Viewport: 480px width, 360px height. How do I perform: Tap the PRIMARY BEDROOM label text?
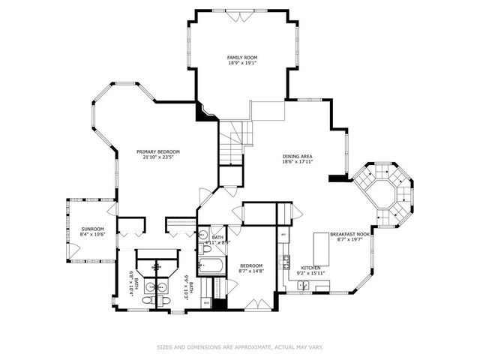click(x=157, y=151)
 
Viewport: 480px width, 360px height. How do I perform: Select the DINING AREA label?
click(x=297, y=156)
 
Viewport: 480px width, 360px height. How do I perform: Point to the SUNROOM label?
click(x=92, y=229)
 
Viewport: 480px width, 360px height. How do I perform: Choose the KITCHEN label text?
click(x=311, y=268)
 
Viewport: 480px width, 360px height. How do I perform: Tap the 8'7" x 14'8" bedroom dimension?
click(x=250, y=271)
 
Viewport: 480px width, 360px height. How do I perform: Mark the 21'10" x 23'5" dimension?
click(x=157, y=157)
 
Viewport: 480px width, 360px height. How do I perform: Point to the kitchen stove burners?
click(x=284, y=262)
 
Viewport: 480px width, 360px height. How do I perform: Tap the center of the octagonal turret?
click(x=382, y=193)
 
